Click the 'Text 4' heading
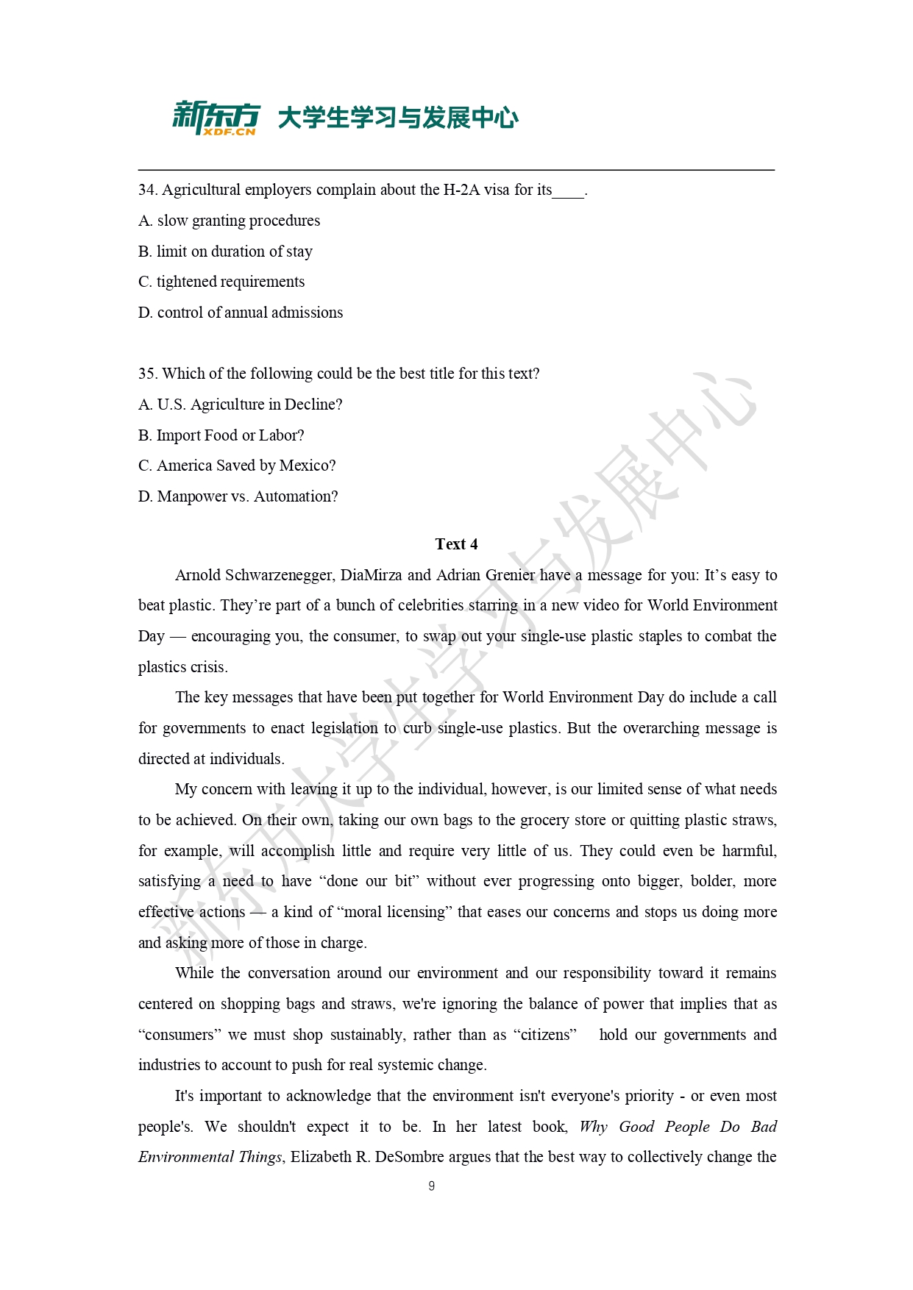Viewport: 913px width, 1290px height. tap(456, 544)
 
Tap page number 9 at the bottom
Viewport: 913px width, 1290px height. tap(431, 1186)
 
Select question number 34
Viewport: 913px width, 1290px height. tap(147, 190)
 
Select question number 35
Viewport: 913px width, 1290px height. tap(147, 374)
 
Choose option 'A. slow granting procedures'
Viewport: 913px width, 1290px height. tap(229, 221)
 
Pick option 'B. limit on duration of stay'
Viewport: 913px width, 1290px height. tap(225, 252)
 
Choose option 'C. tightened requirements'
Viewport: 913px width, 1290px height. tap(221, 282)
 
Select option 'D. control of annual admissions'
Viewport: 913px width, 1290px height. tap(241, 313)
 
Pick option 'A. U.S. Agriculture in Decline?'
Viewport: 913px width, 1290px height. tap(240, 405)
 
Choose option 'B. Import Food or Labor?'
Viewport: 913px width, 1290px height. tap(221, 435)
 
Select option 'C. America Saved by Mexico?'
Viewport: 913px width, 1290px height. tap(237, 466)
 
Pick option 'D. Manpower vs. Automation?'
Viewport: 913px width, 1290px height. tap(238, 496)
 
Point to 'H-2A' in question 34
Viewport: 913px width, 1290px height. tap(461, 190)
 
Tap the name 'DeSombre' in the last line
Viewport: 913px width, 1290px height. tap(409, 1157)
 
